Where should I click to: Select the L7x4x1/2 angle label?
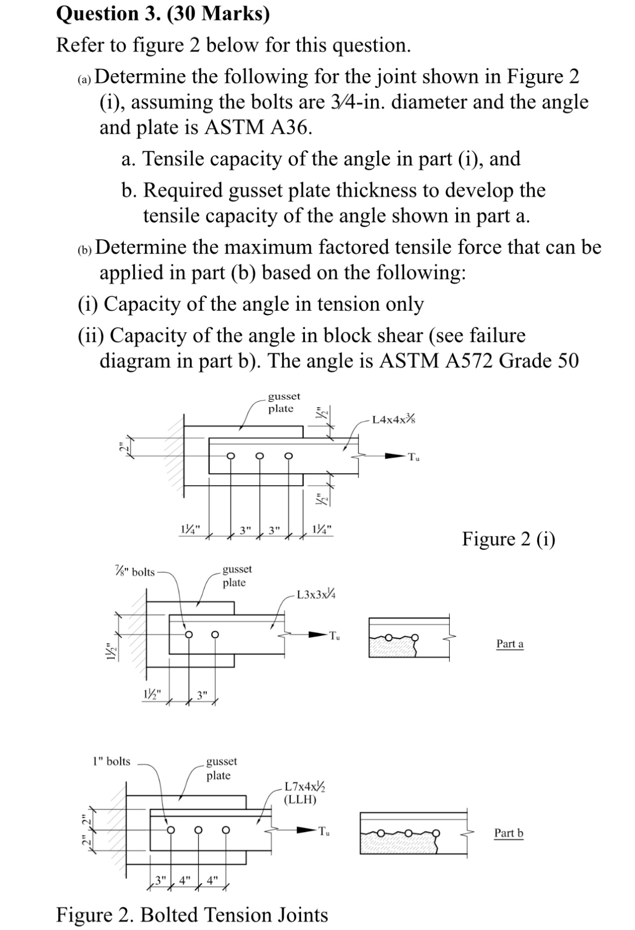pos(305,787)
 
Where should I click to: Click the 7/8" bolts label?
pos(135,571)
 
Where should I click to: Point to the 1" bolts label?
pos(111,761)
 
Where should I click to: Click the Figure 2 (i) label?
pos(508,539)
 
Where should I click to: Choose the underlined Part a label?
pos(510,644)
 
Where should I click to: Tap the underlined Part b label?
pos(508,833)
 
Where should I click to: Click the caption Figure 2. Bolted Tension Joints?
pos(192,914)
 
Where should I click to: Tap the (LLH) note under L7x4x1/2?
pos(300,799)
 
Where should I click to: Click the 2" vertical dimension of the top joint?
pos(122,446)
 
